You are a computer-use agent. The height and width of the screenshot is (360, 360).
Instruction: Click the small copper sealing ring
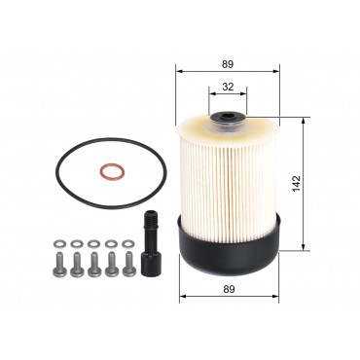point(110,174)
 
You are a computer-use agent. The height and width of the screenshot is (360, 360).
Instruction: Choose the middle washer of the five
point(93,242)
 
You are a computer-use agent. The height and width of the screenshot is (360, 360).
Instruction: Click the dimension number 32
point(228,86)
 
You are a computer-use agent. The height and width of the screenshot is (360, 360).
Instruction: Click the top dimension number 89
point(228,64)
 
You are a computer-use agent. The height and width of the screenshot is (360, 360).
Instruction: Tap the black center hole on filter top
point(227,124)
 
